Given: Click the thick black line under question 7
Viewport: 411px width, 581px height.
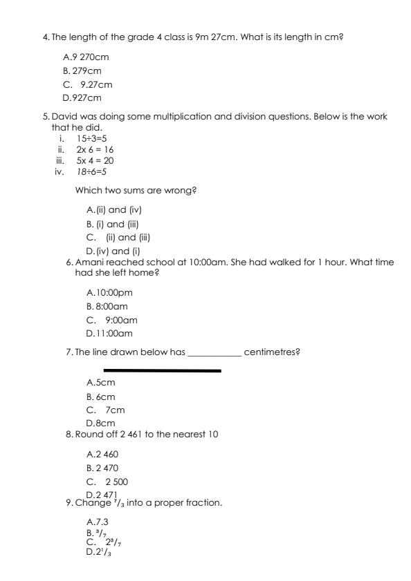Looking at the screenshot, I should click(x=162, y=370).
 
